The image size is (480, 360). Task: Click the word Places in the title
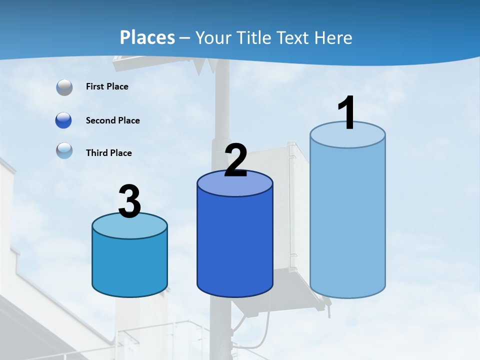[x=147, y=37]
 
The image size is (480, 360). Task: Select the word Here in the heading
[x=333, y=37]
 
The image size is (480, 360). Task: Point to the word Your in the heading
[x=212, y=37]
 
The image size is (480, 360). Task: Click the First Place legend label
[x=107, y=86]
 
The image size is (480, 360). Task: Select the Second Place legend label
[x=112, y=120]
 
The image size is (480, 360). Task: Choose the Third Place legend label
[x=108, y=153]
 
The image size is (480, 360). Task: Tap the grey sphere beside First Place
[x=64, y=87]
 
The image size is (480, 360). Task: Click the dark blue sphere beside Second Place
[x=64, y=120]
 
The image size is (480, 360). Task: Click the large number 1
[x=346, y=113]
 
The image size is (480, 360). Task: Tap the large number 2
[x=236, y=160]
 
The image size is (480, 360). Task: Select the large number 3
[x=130, y=202]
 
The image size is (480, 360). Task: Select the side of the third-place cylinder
[x=129, y=265]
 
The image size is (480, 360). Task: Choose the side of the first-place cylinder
[x=347, y=220]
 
